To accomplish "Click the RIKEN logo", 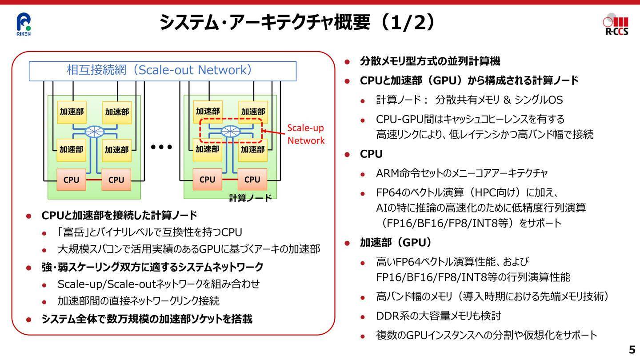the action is click(x=24, y=24).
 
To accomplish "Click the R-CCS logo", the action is click(x=616, y=24).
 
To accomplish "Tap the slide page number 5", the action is click(x=632, y=350).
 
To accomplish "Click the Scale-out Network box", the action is click(x=163, y=71).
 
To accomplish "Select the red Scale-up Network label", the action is click(x=306, y=134).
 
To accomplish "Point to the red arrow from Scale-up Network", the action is click(x=273, y=132).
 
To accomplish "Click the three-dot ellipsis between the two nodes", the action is click(x=161, y=147).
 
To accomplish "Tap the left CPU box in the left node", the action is click(x=72, y=180).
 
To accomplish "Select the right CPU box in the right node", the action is click(x=252, y=180).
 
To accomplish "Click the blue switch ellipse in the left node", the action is click(x=95, y=132).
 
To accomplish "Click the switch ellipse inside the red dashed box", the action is click(x=231, y=132).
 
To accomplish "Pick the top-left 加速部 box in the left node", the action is click(x=72, y=112).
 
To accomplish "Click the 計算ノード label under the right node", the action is click(x=250, y=198).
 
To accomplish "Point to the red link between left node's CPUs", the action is click(x=94, y=180).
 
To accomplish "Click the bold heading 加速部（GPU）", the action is click(x=396, y=243).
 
